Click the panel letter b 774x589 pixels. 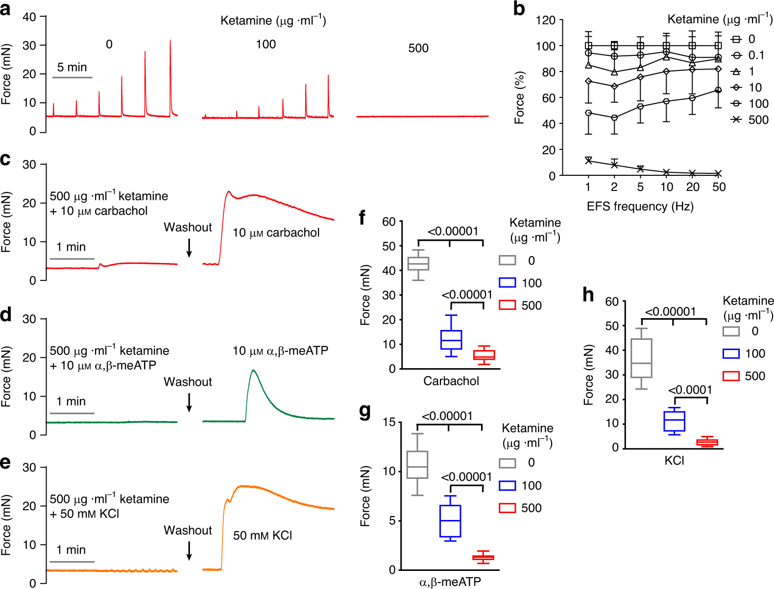click(519, 9)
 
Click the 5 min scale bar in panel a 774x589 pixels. click(72, 77)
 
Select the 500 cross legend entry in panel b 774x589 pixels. click(736, 119)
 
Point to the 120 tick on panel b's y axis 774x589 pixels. click(546, 21)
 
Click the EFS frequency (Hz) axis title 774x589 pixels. click(640, 207)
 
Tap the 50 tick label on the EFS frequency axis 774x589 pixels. click(719, 187)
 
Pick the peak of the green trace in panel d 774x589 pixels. click(253, 371)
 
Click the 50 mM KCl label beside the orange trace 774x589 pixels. click(263, 535)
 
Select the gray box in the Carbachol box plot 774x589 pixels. click(418, 263)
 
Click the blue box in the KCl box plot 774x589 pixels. click(674, 421)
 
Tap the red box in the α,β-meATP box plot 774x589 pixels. click(483, 558)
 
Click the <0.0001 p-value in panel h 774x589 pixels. click(690, 390)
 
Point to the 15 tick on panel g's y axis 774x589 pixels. click(389, 422)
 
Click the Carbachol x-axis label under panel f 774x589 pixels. click(451, 381)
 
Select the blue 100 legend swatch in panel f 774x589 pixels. click(508, 283)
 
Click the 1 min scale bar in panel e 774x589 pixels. click(72, 562)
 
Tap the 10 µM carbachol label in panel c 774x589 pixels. click(276, 233)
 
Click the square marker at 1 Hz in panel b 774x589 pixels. click(588, 46)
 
